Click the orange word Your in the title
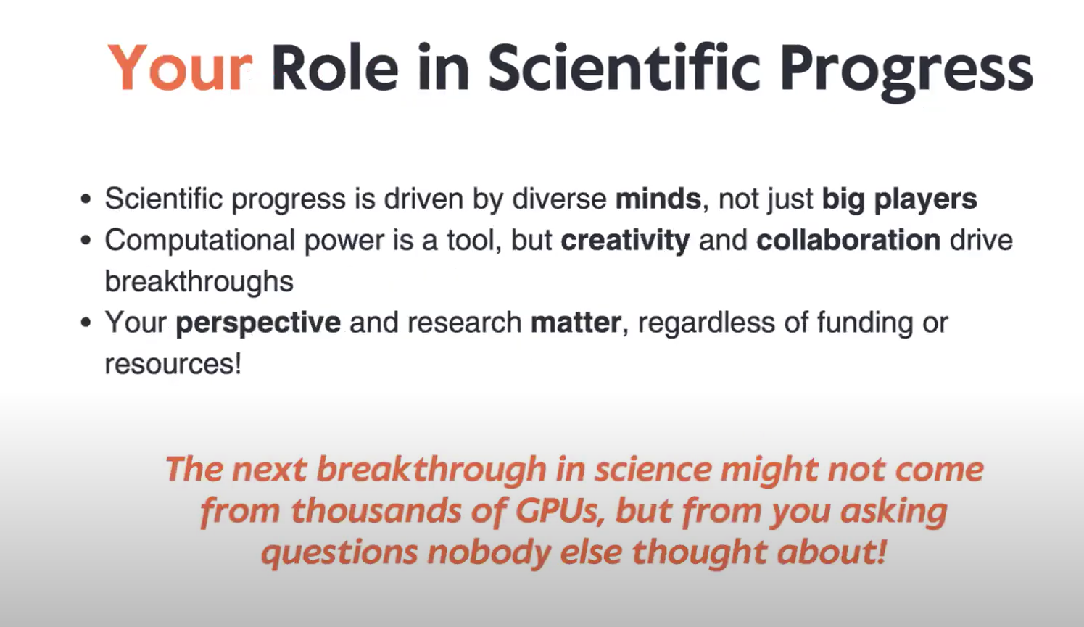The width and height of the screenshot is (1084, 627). point(180,67)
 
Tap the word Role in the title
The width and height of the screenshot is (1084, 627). point(335,67)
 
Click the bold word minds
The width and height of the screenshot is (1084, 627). point(658,199)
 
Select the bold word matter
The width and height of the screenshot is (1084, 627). point(576,323)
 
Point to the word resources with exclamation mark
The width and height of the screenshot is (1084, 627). point(173,364)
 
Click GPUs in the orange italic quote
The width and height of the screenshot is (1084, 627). point(559,511)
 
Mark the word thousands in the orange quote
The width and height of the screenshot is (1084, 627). point(376,511)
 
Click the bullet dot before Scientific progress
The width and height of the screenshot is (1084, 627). point(86,199)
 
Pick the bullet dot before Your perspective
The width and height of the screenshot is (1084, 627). point(86,323)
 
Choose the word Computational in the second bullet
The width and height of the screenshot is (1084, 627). point(200,241)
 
